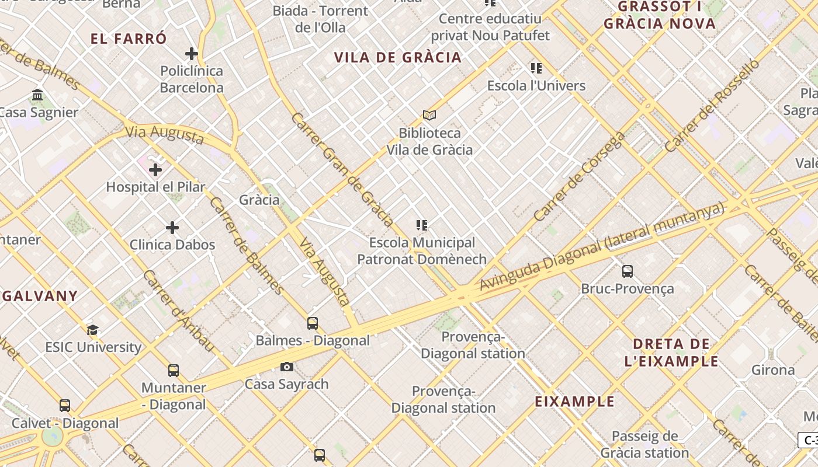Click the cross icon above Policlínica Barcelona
tap(192, 54)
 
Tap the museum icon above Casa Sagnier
tap(38, 95)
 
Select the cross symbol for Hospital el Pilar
tap(155, 170)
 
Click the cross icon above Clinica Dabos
tap(172, 228)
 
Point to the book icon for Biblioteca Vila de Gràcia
tap(429, 116)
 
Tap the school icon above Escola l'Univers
tap(536, 68)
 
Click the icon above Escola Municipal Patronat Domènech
tap(422, 225)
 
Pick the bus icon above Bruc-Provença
tap(628, 271)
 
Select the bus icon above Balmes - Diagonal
tap(313, 323)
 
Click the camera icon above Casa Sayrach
tap(287, 367)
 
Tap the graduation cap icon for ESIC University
tap(93, 330)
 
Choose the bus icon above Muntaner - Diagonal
tap(174, 371)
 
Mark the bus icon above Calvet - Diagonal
tap(65, 406)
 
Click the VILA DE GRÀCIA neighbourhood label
tap(398, 57)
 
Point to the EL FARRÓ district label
tap(129, 39)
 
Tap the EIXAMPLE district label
tap(575, 402)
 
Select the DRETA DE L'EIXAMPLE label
tap(671, 352)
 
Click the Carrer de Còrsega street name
tap(580, 177)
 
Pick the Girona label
tap(773, 370)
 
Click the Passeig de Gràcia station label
tap(644, 444)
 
